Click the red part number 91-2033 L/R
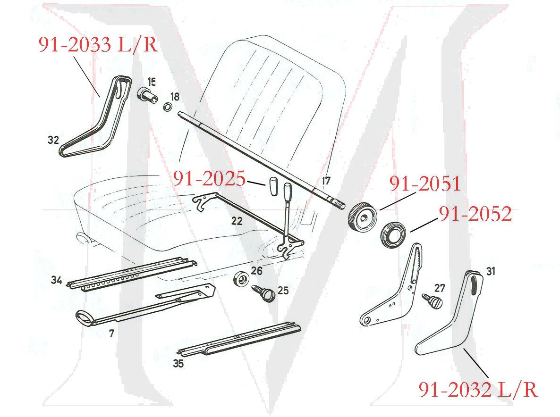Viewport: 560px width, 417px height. [x=98, y=46]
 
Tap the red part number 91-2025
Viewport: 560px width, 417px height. [x=209, y=179]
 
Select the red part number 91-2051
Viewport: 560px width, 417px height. [x=424, y=183]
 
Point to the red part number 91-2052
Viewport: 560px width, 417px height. [x=475, y=214]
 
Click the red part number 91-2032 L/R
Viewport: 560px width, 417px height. [x=478, y=390]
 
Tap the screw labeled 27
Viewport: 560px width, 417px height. [x=432, y=300]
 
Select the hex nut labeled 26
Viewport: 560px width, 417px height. [x=242, y=279]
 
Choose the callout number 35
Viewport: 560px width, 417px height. [x=178, y=363]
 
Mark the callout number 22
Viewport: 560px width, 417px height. [x=237, y=220]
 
